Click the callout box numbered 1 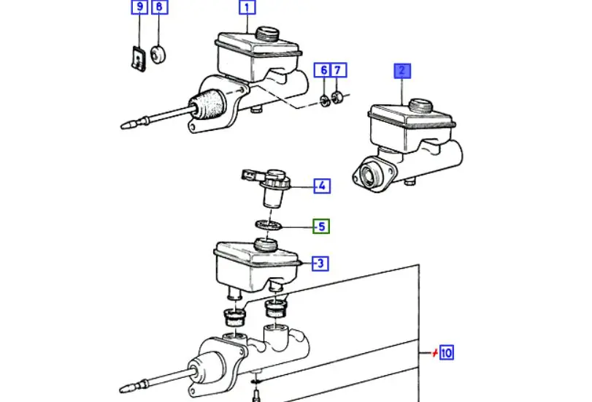(247, 7)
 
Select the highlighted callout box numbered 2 (402, 71)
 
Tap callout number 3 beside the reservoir (320, 263)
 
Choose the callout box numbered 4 (322, 186)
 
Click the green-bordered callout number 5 (321, 226)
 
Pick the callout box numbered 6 (323, 70)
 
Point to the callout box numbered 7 (338, 70)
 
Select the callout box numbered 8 (160, 7)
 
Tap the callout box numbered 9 (139, 7)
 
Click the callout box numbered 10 (446, 352)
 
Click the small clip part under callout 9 (139, 58)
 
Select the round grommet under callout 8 (158, 55)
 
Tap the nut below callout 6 (324, 101)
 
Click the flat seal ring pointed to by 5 (269, 225)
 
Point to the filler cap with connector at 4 (269, 187)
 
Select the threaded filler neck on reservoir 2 (420, 105)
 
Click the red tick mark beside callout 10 (435, 353)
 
